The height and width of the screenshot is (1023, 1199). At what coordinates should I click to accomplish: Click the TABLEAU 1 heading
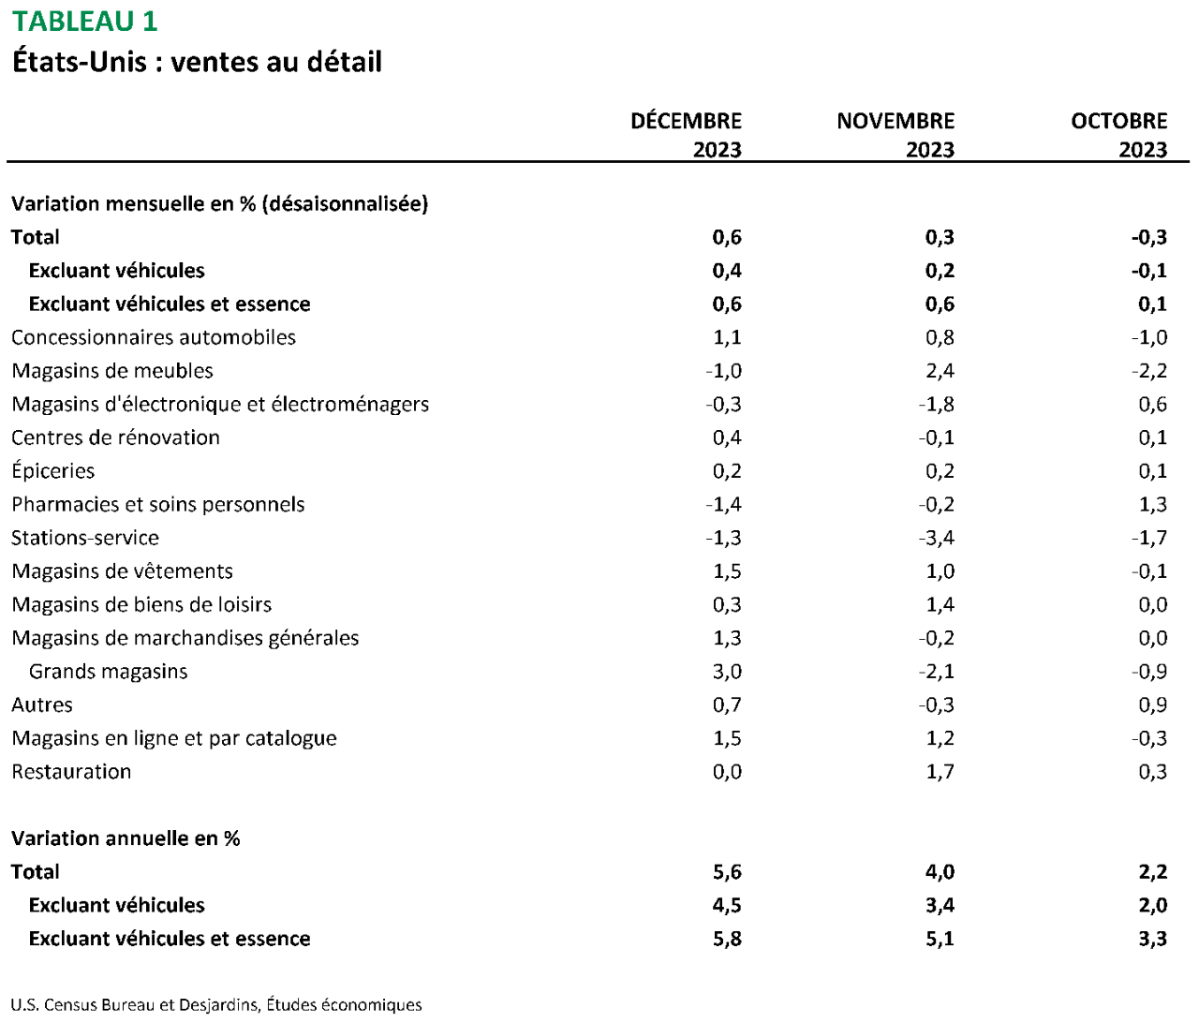click(85, 22)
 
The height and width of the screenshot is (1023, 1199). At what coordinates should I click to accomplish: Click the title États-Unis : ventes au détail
click(197, 62)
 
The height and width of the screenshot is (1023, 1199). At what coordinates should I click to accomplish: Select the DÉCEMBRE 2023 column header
click(686, 135)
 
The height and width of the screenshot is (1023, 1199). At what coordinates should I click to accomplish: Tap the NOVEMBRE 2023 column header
click(896, 135)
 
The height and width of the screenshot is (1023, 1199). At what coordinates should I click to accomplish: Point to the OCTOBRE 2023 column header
click(1118, 135)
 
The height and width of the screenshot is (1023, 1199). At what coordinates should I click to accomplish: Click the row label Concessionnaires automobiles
click(154, 337)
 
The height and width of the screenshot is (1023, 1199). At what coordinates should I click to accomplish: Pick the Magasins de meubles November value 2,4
click(940, 371)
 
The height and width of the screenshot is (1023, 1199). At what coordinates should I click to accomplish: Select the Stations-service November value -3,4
click(937, 538)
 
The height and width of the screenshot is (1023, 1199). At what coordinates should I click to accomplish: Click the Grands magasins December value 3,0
click(727, 672)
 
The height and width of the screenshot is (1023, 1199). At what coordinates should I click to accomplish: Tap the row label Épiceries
click(53, 471)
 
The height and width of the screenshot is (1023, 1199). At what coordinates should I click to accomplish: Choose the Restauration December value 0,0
click(727, 772)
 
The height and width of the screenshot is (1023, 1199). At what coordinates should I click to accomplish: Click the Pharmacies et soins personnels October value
click(1152, 505)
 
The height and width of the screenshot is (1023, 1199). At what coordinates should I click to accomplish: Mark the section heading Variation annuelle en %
click(126, 838)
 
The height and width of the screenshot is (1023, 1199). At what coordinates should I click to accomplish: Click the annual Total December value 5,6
click(727, 872)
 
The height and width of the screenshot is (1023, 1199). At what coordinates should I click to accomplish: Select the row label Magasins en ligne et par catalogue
click(174, 738)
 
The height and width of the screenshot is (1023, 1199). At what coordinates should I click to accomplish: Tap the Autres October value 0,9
click(1152, 705)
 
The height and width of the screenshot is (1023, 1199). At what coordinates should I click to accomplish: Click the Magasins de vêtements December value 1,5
click(727, 571)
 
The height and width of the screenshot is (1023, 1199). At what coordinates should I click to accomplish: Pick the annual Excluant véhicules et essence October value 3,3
click(1152, 939)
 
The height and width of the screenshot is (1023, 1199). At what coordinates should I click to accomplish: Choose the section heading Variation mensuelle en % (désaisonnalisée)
click(220, 203)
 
